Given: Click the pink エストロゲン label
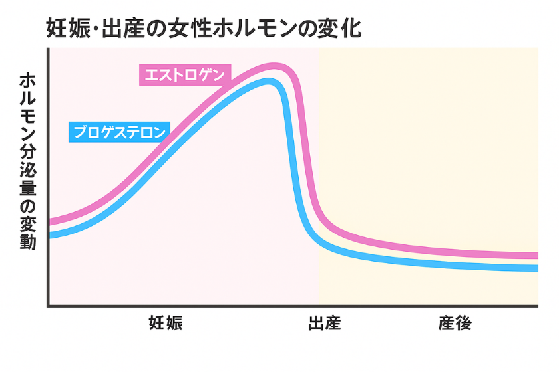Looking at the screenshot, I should click(184, 74).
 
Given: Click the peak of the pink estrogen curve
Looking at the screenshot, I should click(275, 67).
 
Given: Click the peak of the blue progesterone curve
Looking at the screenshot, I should click(268, 82).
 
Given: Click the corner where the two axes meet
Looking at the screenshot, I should click(48, 306).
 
